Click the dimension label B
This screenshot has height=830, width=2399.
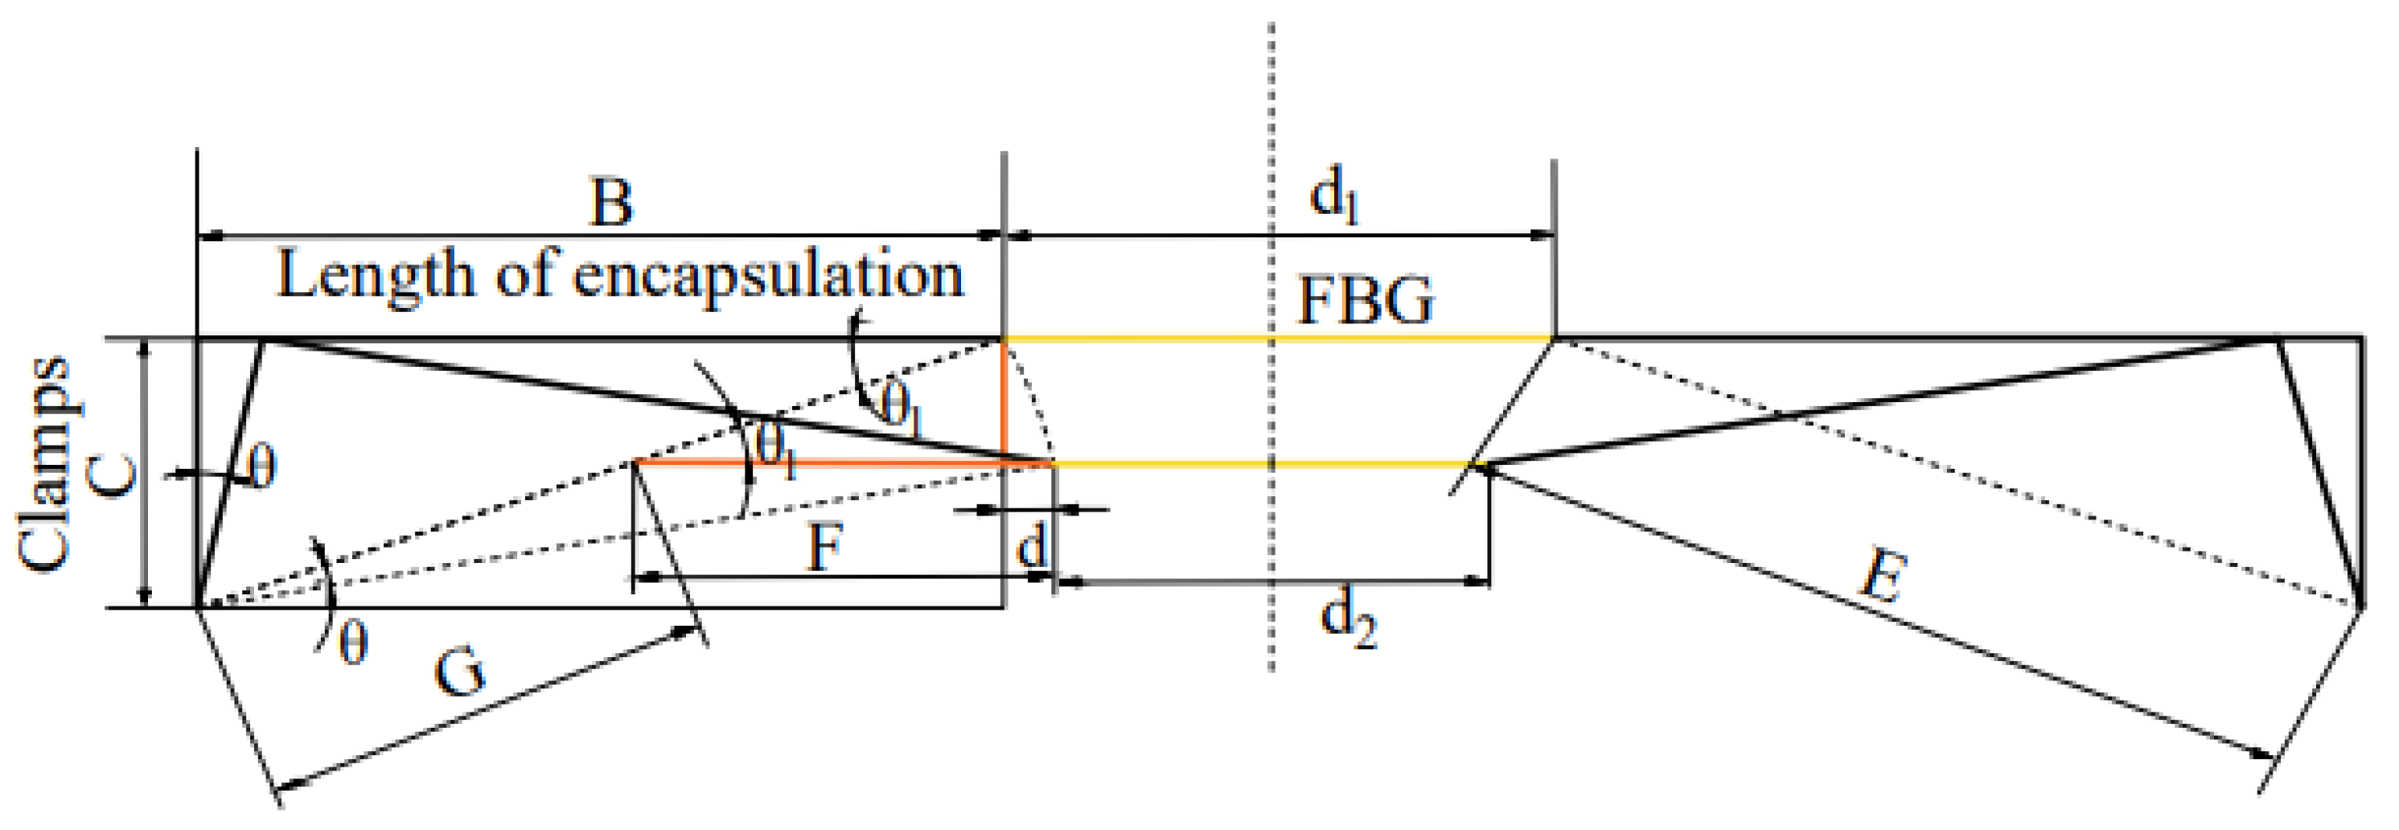(611, 202)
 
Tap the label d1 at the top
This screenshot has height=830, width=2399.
(1333, 199)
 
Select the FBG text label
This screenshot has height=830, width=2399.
(1366, 300)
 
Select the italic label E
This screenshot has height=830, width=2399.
(1883, 577)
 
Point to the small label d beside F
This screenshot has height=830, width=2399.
(1031, 546)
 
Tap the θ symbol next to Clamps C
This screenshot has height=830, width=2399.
(261, 467)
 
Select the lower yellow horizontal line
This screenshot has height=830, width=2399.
(1257, 463)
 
